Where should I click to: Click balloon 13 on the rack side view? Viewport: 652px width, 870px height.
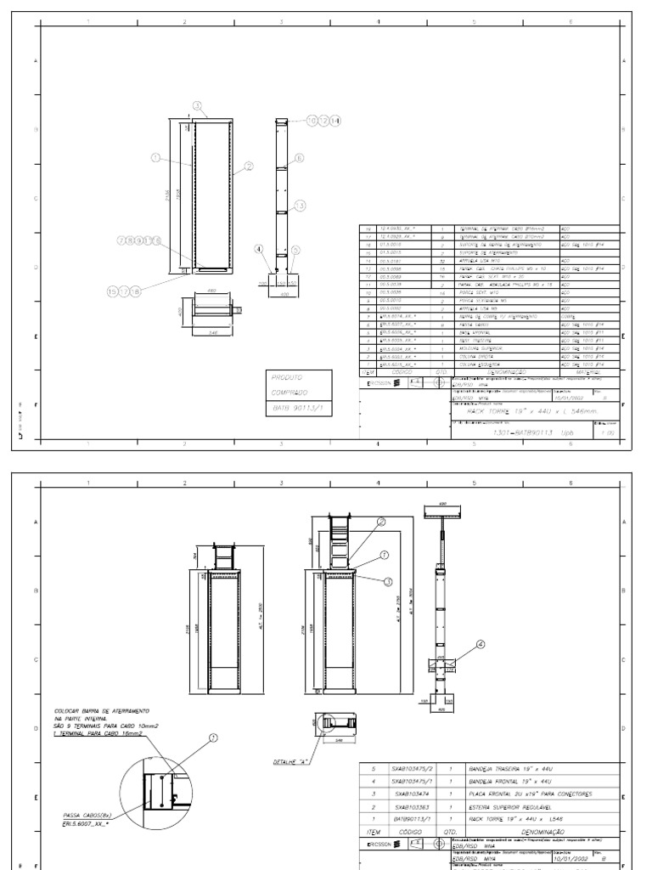coord(300,206)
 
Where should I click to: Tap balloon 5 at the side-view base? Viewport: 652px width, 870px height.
coord(295,250)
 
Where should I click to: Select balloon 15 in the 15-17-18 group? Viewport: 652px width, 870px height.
coord(113,291)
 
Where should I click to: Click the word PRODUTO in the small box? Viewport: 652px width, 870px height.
coord(288,376)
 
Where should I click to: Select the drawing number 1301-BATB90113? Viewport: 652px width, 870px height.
coord(523,432)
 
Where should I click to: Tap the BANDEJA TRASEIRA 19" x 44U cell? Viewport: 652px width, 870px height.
coord(510,768)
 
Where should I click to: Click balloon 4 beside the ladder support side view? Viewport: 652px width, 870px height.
coord(481,645)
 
